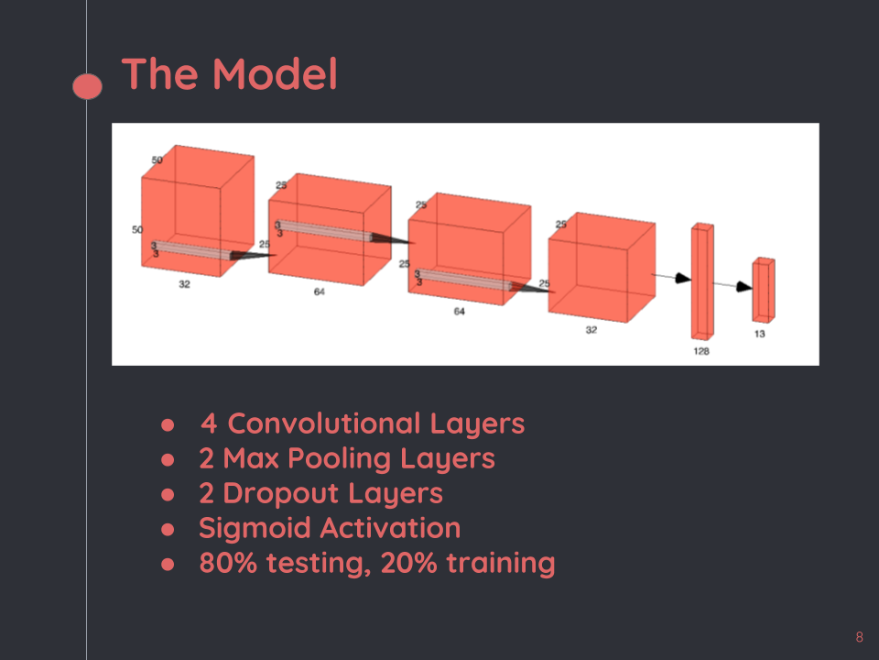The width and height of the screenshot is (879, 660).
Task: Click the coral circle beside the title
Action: click(x=87, y=86)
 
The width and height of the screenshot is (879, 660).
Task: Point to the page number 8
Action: click(x=859, y=637)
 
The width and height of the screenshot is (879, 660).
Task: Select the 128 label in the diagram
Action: click(x=701, y=351)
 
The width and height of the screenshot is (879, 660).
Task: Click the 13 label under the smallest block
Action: click(x=760, y=335)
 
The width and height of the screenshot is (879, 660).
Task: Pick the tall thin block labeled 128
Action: click(x=702, y=280)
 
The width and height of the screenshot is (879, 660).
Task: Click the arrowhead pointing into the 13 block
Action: click(x=744, y=287)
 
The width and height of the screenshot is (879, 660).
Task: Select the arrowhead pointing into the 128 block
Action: click(x=682, y=278)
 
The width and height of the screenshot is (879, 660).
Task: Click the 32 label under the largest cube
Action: click(x=184, y=285)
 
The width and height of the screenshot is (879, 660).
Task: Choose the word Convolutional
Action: click(x=323, y=423)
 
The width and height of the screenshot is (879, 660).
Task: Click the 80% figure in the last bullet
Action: click(x=229, y=563)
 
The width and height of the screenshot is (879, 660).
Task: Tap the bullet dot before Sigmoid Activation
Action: click(x=168, y=529)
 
